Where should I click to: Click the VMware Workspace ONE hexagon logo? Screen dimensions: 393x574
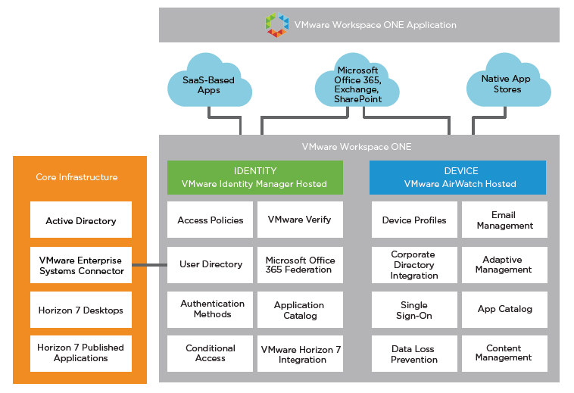[277, 25]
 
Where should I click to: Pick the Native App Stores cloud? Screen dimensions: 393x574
[507, 84]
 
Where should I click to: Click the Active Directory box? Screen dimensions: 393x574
[81, 221]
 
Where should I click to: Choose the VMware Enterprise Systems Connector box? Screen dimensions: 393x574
[81, 265]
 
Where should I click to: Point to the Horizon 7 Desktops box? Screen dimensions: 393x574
[81, 310]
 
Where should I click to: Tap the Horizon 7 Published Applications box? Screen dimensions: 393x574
[81, 353]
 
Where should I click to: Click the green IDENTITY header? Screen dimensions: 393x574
[255, 177]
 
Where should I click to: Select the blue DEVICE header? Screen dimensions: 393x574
[457, 177]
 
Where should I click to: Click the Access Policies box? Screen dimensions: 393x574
[211, 220]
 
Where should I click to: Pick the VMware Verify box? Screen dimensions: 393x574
[300, 220]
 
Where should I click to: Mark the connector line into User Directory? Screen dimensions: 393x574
[149, 265]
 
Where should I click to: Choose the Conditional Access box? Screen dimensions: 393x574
[211, 353]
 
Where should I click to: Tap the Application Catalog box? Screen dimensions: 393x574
[300, 310]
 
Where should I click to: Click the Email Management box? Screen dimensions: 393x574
[504, 220]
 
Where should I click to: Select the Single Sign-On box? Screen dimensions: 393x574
[414, 310]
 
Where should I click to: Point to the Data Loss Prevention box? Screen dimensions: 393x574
[414, 354]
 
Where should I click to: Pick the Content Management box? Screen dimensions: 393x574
[504, 353]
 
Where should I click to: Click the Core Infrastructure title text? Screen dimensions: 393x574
[76, 177]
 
